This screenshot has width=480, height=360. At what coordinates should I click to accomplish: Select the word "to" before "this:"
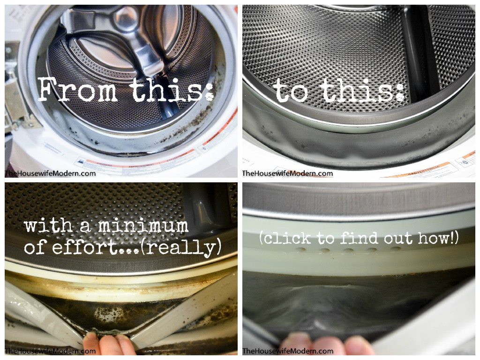point(291,91)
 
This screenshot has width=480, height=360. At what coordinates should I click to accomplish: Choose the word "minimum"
point(142,227)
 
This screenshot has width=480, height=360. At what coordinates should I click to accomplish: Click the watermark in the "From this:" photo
point(50,173)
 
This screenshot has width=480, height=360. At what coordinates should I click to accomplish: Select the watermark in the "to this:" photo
point(287,173)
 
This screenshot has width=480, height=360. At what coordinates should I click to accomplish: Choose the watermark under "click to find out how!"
point(287,351)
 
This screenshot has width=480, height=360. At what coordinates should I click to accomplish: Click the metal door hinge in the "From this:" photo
point(16,101)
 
